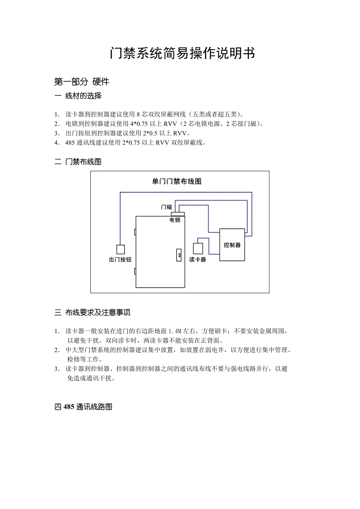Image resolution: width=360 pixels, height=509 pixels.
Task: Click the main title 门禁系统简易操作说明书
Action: [182, 54]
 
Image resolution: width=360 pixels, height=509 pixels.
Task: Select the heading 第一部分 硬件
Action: [81, 82]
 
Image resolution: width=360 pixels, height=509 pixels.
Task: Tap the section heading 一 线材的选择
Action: [78, 96]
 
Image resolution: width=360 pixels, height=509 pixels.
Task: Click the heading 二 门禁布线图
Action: [78, 162]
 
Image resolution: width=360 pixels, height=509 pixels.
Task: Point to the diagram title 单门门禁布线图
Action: [176, 181]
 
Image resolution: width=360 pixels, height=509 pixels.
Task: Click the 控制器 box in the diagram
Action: [232, 245]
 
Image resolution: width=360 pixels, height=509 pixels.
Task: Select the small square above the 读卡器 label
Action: [198, 248]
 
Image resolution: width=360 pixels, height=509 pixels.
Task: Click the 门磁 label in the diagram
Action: [166, 207]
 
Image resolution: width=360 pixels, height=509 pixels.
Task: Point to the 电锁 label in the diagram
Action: [175, 220]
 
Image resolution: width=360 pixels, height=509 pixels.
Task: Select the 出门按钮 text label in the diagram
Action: [120, 260]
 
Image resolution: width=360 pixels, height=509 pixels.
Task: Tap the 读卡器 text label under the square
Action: [198, 260]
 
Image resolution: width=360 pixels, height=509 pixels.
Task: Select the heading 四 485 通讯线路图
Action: [83, 407]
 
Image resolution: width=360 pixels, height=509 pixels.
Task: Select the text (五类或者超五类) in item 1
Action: [216, 115]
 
